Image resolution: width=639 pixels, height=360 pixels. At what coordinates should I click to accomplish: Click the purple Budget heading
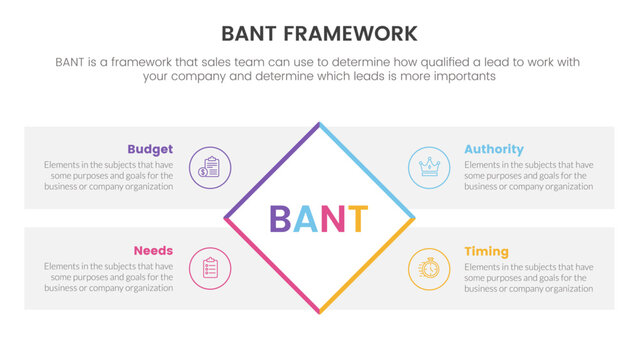coord(150,149)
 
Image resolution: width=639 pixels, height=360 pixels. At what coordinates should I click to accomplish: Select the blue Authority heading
coord(494,149)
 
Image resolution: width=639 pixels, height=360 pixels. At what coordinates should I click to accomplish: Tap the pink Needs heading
coord(153,251)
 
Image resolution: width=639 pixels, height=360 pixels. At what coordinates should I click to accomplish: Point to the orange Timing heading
coord(486,251)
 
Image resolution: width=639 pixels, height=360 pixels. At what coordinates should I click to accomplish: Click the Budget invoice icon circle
coord(210,166)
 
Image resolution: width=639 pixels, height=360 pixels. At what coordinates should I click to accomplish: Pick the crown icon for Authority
coord(430,166)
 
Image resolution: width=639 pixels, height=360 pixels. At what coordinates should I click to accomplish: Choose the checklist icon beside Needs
coord(210,268)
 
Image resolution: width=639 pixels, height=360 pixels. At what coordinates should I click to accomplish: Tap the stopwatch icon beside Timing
coord(430,268)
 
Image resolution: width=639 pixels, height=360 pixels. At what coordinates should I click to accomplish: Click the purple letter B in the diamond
coord(281,219)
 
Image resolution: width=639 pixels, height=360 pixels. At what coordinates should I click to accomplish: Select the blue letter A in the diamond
coord(307,219)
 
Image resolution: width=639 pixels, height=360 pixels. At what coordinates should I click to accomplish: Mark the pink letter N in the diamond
coord(333,219)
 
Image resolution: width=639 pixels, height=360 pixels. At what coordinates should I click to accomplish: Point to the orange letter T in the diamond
coord(357,219)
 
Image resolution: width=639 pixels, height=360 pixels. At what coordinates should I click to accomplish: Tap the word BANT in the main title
coord(254,34)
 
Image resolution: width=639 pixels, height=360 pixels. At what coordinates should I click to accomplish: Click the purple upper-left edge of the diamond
coord(271,170)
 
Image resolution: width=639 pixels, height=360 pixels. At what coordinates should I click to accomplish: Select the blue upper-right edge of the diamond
coord(368,170)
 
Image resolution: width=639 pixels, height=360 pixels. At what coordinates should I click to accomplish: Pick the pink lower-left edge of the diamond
coord(271,266)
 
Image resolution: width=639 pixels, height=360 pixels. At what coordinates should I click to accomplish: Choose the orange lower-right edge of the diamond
coord(368,266)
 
